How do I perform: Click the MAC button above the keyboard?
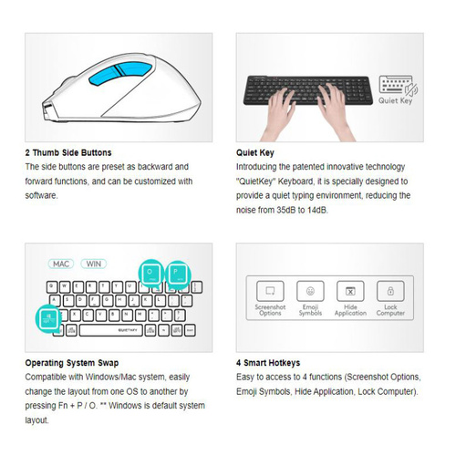61,264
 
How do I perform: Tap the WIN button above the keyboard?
93,264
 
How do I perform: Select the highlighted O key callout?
150,273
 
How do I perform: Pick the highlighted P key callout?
177,273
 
